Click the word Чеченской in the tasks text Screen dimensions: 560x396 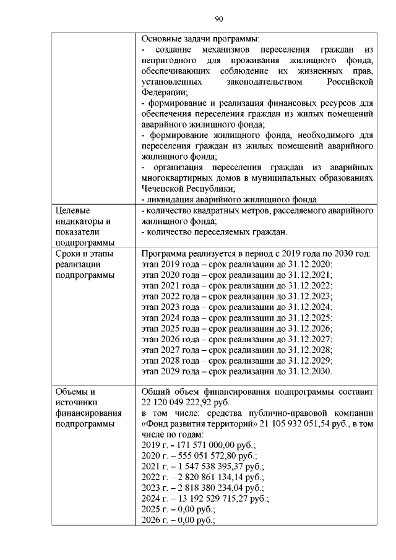163,189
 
